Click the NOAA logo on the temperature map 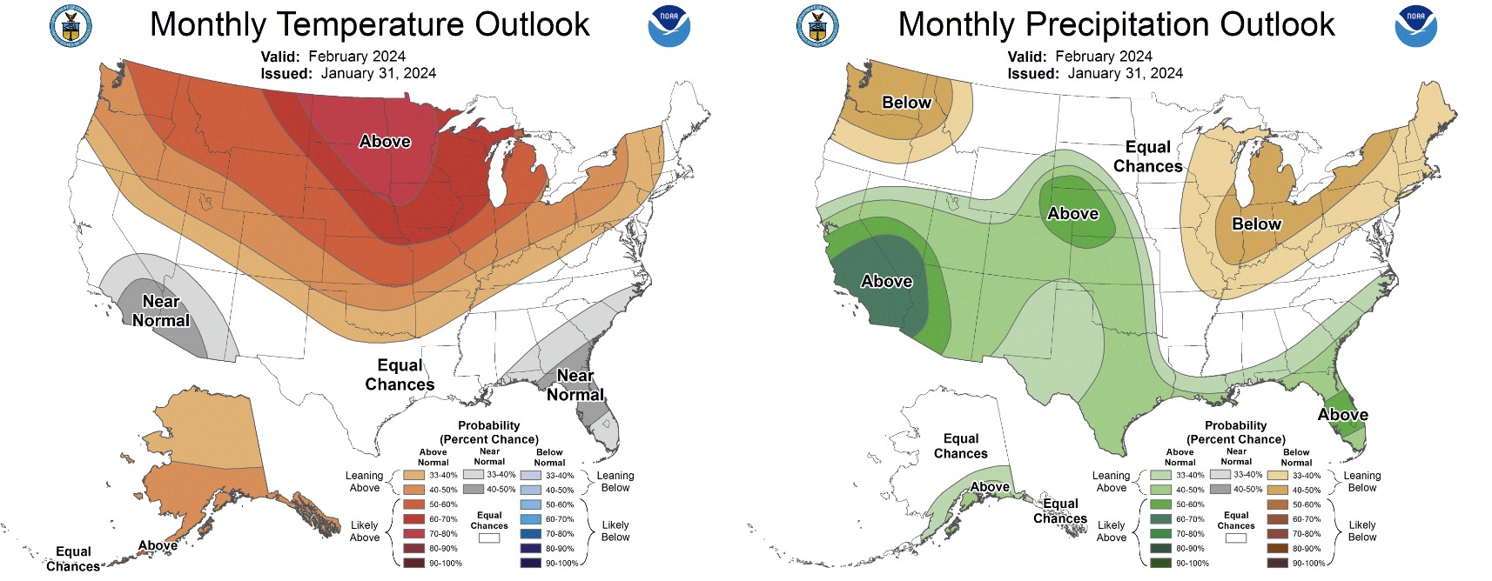coord(669,25)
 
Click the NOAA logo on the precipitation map coord(1415,25)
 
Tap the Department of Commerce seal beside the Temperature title coord(71,25)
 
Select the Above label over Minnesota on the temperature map coord(385,141)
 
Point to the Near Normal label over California coord(161,311)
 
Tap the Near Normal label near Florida coord(575,384)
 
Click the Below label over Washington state coord(906,102)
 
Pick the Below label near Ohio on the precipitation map coord(1256,224)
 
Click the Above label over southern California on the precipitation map coord(886,281)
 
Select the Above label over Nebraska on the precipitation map coord(1072,213)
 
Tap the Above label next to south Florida coord(1342,414)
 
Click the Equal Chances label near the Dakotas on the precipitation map coord(1147,157)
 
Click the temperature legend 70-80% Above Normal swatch coord(413,534)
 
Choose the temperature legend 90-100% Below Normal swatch coord(530,563)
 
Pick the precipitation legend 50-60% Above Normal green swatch coord(1160,504)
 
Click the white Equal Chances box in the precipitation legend coord(1235,538)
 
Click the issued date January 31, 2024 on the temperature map coord(378,73)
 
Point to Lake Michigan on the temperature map coord(496,183)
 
